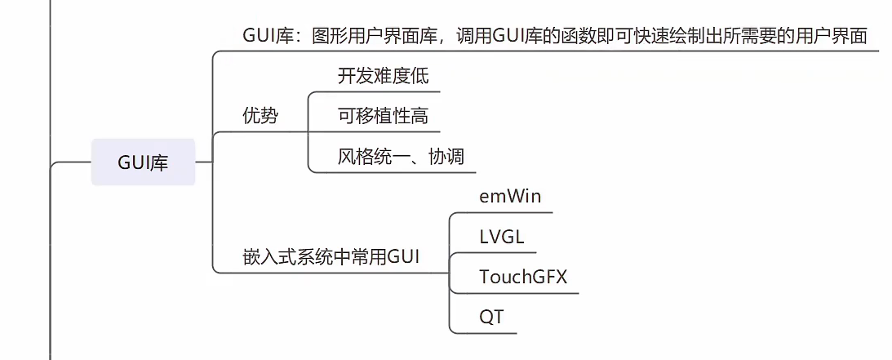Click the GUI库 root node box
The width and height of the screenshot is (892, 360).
pyautogui.click(x=143, y=162)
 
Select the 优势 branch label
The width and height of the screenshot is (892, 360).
pyautogui.click(x=260, y=116)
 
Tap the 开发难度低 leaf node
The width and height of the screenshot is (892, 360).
pyautogui.click(x=383, y=76)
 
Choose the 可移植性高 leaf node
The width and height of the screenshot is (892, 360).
pyautogui.click(x=383, y=116)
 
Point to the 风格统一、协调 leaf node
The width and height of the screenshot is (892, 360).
pyautogui.click(x=401, y=156)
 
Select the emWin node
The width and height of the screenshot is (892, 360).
pyautogui.click(x=510, y=197)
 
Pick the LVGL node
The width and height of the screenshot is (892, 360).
pyautogui.click(x=502, y=237)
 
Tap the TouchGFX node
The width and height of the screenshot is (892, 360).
pyautogui.click(x=523, y=277)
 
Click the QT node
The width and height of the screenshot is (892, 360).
pyautogui.click(x=491, y=317)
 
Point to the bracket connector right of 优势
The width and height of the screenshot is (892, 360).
pyautogui.click(x=308, y=131)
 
